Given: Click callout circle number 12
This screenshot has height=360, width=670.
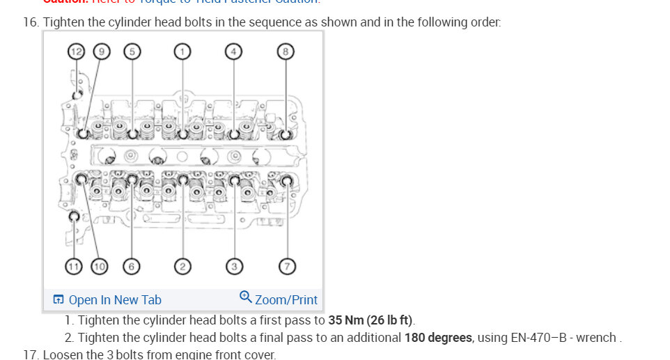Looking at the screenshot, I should [77, 51].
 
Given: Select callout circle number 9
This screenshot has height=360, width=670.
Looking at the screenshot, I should [102, 51].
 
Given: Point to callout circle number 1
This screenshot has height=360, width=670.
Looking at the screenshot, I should [182, 51].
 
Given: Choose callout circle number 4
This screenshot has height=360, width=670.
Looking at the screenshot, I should [234, 51].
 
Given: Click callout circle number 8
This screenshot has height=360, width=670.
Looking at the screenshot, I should [286, 51].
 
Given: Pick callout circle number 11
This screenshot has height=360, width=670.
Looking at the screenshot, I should [74, 266].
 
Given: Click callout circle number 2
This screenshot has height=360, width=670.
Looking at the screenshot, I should [182, 266].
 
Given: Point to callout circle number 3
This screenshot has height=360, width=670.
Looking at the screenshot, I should [234, 266].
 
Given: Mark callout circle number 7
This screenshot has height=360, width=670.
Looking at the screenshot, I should [286, 266].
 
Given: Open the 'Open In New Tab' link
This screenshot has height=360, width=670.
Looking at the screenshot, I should [114, 300].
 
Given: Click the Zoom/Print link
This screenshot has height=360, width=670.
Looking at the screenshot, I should [286, 300].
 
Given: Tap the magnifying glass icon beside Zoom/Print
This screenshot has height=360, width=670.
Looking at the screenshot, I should [245, 297].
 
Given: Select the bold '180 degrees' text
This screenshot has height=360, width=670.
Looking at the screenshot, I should [437, 338].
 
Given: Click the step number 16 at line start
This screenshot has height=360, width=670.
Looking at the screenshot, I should [31, 22].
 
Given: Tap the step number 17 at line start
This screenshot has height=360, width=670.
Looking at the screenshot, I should [31, 354].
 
